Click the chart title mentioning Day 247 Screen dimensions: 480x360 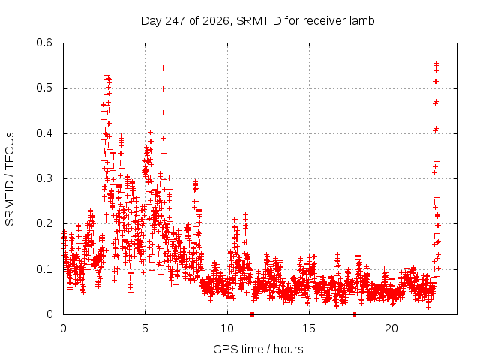257,21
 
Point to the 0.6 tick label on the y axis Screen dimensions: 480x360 44,43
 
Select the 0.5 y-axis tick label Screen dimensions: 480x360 44,88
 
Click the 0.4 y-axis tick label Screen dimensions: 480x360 44,133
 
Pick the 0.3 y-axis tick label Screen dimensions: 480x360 44,178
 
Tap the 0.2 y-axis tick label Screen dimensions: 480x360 44,223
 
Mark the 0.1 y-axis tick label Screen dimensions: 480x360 44,269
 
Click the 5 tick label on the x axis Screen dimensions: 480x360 145,328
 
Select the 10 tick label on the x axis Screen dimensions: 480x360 227,328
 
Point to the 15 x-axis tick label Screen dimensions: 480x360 309,328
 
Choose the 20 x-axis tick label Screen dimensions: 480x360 391,328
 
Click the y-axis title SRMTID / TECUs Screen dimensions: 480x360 10,179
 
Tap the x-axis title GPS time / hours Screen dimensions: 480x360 258,349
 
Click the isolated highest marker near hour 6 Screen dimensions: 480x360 163,67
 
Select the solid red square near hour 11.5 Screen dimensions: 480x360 252,314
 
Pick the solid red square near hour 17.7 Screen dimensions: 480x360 355,314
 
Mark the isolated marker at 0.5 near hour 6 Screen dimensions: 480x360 163,88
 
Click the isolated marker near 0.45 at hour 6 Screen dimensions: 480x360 163,113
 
